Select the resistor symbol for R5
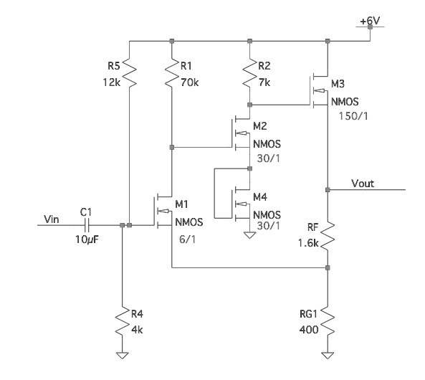pyautogui.click(x=126, y=72)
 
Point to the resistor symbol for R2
pyautogui.click(x=248, y=72)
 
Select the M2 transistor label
pyautogui.click(x=261, y=125)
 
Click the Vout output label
pyautogui.click(x=363, y=184)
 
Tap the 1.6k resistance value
pyautogui.click(x=311, y=242)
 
